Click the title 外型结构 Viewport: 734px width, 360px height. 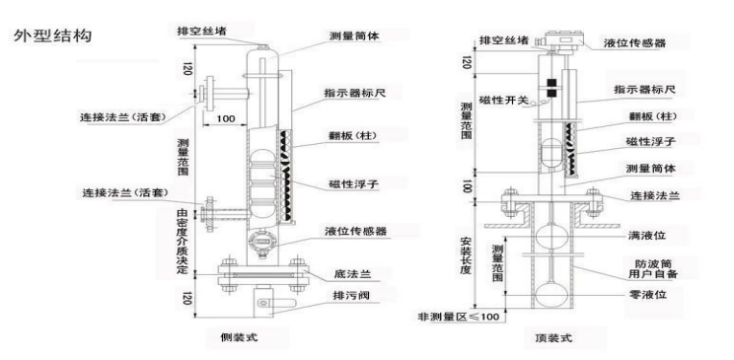click(x=52, y=36)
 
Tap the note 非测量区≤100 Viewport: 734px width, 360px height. click(x=461, y=318)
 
